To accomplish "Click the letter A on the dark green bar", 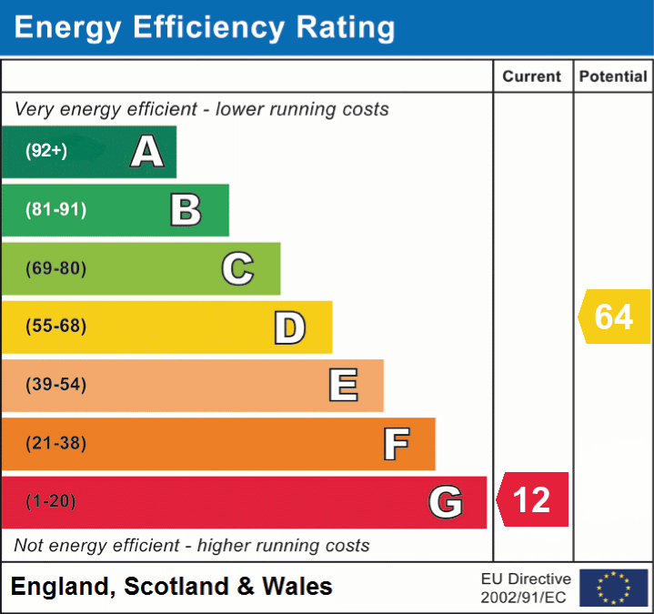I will point(147,152).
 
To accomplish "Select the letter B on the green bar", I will point(186,210).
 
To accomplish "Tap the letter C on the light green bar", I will point(237,268).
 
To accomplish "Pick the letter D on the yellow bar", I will point(289,327).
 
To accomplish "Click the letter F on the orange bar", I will point(396,445).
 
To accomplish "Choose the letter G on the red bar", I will point(446,502).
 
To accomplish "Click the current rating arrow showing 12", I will point(533,499).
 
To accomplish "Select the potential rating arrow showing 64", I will point(614,317).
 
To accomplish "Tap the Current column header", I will point(533,77).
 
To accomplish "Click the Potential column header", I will point(613,77).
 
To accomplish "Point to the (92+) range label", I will point(46,151).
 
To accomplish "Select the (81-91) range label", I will point(55,210).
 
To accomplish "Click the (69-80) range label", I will point(55,268).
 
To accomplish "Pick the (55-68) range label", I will point(55,327).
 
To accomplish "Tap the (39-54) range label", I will point(55,385).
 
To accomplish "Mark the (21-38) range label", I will point(55,444).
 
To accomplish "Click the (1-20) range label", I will point(51,501).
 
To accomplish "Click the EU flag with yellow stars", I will point(613,588).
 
